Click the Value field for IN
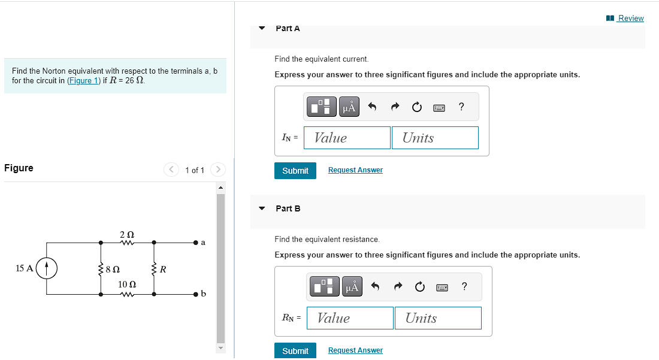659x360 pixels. (347, 138)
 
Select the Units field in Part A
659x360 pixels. (435, 138)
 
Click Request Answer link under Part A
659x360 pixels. (355, 170)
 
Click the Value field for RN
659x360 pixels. (350, 318)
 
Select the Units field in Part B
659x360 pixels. (438, 318)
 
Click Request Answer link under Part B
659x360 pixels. (355, 350)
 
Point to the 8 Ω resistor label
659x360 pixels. (113, 270)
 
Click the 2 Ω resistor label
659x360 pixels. (126, 234)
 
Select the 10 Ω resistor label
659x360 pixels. (126, 284)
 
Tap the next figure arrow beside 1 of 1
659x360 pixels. (218, 170)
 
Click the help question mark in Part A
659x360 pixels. (461, 107)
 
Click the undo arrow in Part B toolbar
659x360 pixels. (375, 288)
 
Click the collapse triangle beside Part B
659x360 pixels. (262, 208)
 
